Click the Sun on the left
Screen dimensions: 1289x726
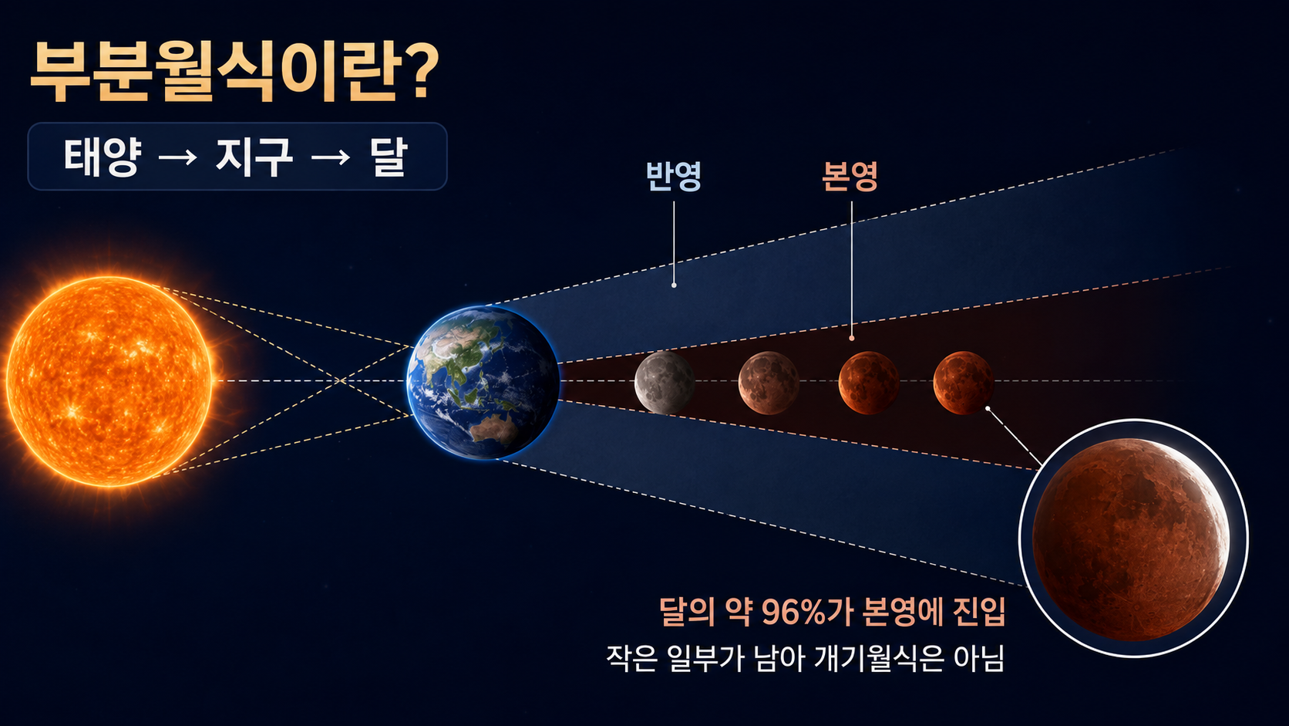pyautogui.click(x=109, y=381)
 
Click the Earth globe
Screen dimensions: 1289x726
pyautogui.click(x=483, y=382)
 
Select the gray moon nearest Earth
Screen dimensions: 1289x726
pyautogui.click(x=665, y=382)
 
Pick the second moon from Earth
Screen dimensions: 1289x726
pyautogui.click(x=769, y=383)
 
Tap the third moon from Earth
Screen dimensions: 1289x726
pyautogui.click(x=869, y=383)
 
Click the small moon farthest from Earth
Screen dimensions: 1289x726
pyautogui.click(x=964, y=383)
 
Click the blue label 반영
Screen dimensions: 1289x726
pyautogui.click(x=673, y=176)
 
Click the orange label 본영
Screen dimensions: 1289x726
pyautogui.click(x=850, y=176)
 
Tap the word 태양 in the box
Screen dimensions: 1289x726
pyautogui.click(x=103, y=157)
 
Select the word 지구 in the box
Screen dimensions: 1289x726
pyautogui.click(x=254, y=157)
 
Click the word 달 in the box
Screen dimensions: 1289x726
pyautogui.click(x=389, y=157)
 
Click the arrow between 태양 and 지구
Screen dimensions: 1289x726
pyautogui.click(x=177, y=157)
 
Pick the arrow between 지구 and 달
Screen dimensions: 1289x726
pyautogui.click(x=330, y=157)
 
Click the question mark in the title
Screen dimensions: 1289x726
pyautogui.click(x=419, y=71)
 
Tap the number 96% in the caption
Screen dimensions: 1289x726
pyautogui.click(x=794, y=612)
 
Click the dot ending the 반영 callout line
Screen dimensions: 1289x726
pyautogui.click(x=674, y=285)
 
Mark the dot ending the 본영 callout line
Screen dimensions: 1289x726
pyautogui.click(x=852, y=339)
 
